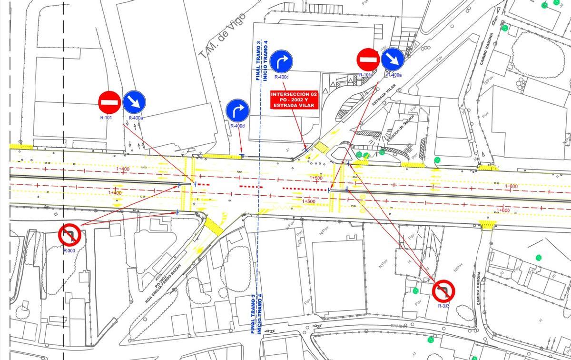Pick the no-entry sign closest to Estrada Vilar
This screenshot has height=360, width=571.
click(x=368, y=60)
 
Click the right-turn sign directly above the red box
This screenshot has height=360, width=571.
click(x=281, y=61)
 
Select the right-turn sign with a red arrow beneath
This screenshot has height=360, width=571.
click(x=237, y=110)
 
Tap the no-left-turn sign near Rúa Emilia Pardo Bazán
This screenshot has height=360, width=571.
click(x=70, y=235)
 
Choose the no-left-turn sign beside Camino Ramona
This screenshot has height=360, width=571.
click(x=443, y=290)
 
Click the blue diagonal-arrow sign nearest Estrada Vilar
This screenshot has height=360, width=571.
click(x=393, y=60)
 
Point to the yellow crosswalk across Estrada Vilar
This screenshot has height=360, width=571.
click(x=323, y=147)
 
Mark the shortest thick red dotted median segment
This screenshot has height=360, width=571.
click(x=203, y=184)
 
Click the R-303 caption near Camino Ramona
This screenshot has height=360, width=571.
click(x=443, y=306)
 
